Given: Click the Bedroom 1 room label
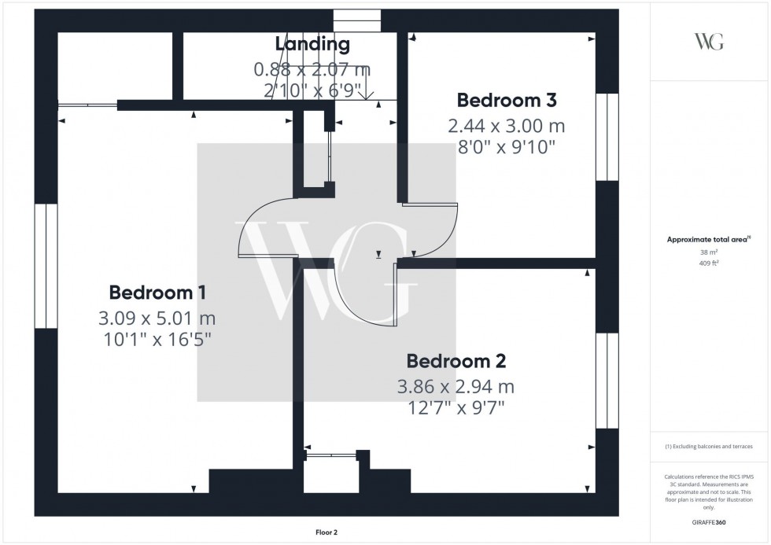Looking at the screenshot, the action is click(x=157, y=293).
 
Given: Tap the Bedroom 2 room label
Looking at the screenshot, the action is click(x=456, y=361).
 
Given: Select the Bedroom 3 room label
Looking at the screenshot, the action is click(x=507, y=100).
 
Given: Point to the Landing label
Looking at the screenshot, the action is click(x=312, y=44).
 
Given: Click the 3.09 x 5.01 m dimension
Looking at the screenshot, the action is click(x=157, y=319).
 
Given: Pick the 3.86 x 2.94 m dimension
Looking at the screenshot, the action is click(x=456, y=387).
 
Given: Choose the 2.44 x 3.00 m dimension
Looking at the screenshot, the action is click(x=507, y=127).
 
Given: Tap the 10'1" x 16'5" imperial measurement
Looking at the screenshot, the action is click(x=157, y=340).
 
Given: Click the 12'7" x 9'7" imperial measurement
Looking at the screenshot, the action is click(x=456, y=408).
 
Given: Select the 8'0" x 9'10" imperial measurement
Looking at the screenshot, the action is click(x=507, y=147).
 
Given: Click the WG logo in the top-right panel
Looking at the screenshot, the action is click(x=709, y=41).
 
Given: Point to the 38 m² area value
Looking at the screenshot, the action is click(x=709, y=252).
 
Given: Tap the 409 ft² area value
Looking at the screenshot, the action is click(x=709, y=263).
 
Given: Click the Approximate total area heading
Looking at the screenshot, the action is click(x=709, y=239).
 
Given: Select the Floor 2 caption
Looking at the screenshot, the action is click(x=326, y=532).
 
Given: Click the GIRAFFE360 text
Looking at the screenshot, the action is click(x=709, y=522).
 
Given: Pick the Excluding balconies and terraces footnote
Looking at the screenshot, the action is click(x=709, y=447).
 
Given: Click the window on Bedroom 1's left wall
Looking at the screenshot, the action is click(x=46, y=266).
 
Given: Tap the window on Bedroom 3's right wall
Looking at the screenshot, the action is click(x=607, y=137).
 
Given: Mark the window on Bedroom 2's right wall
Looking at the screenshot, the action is click(x=607, y=381).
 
